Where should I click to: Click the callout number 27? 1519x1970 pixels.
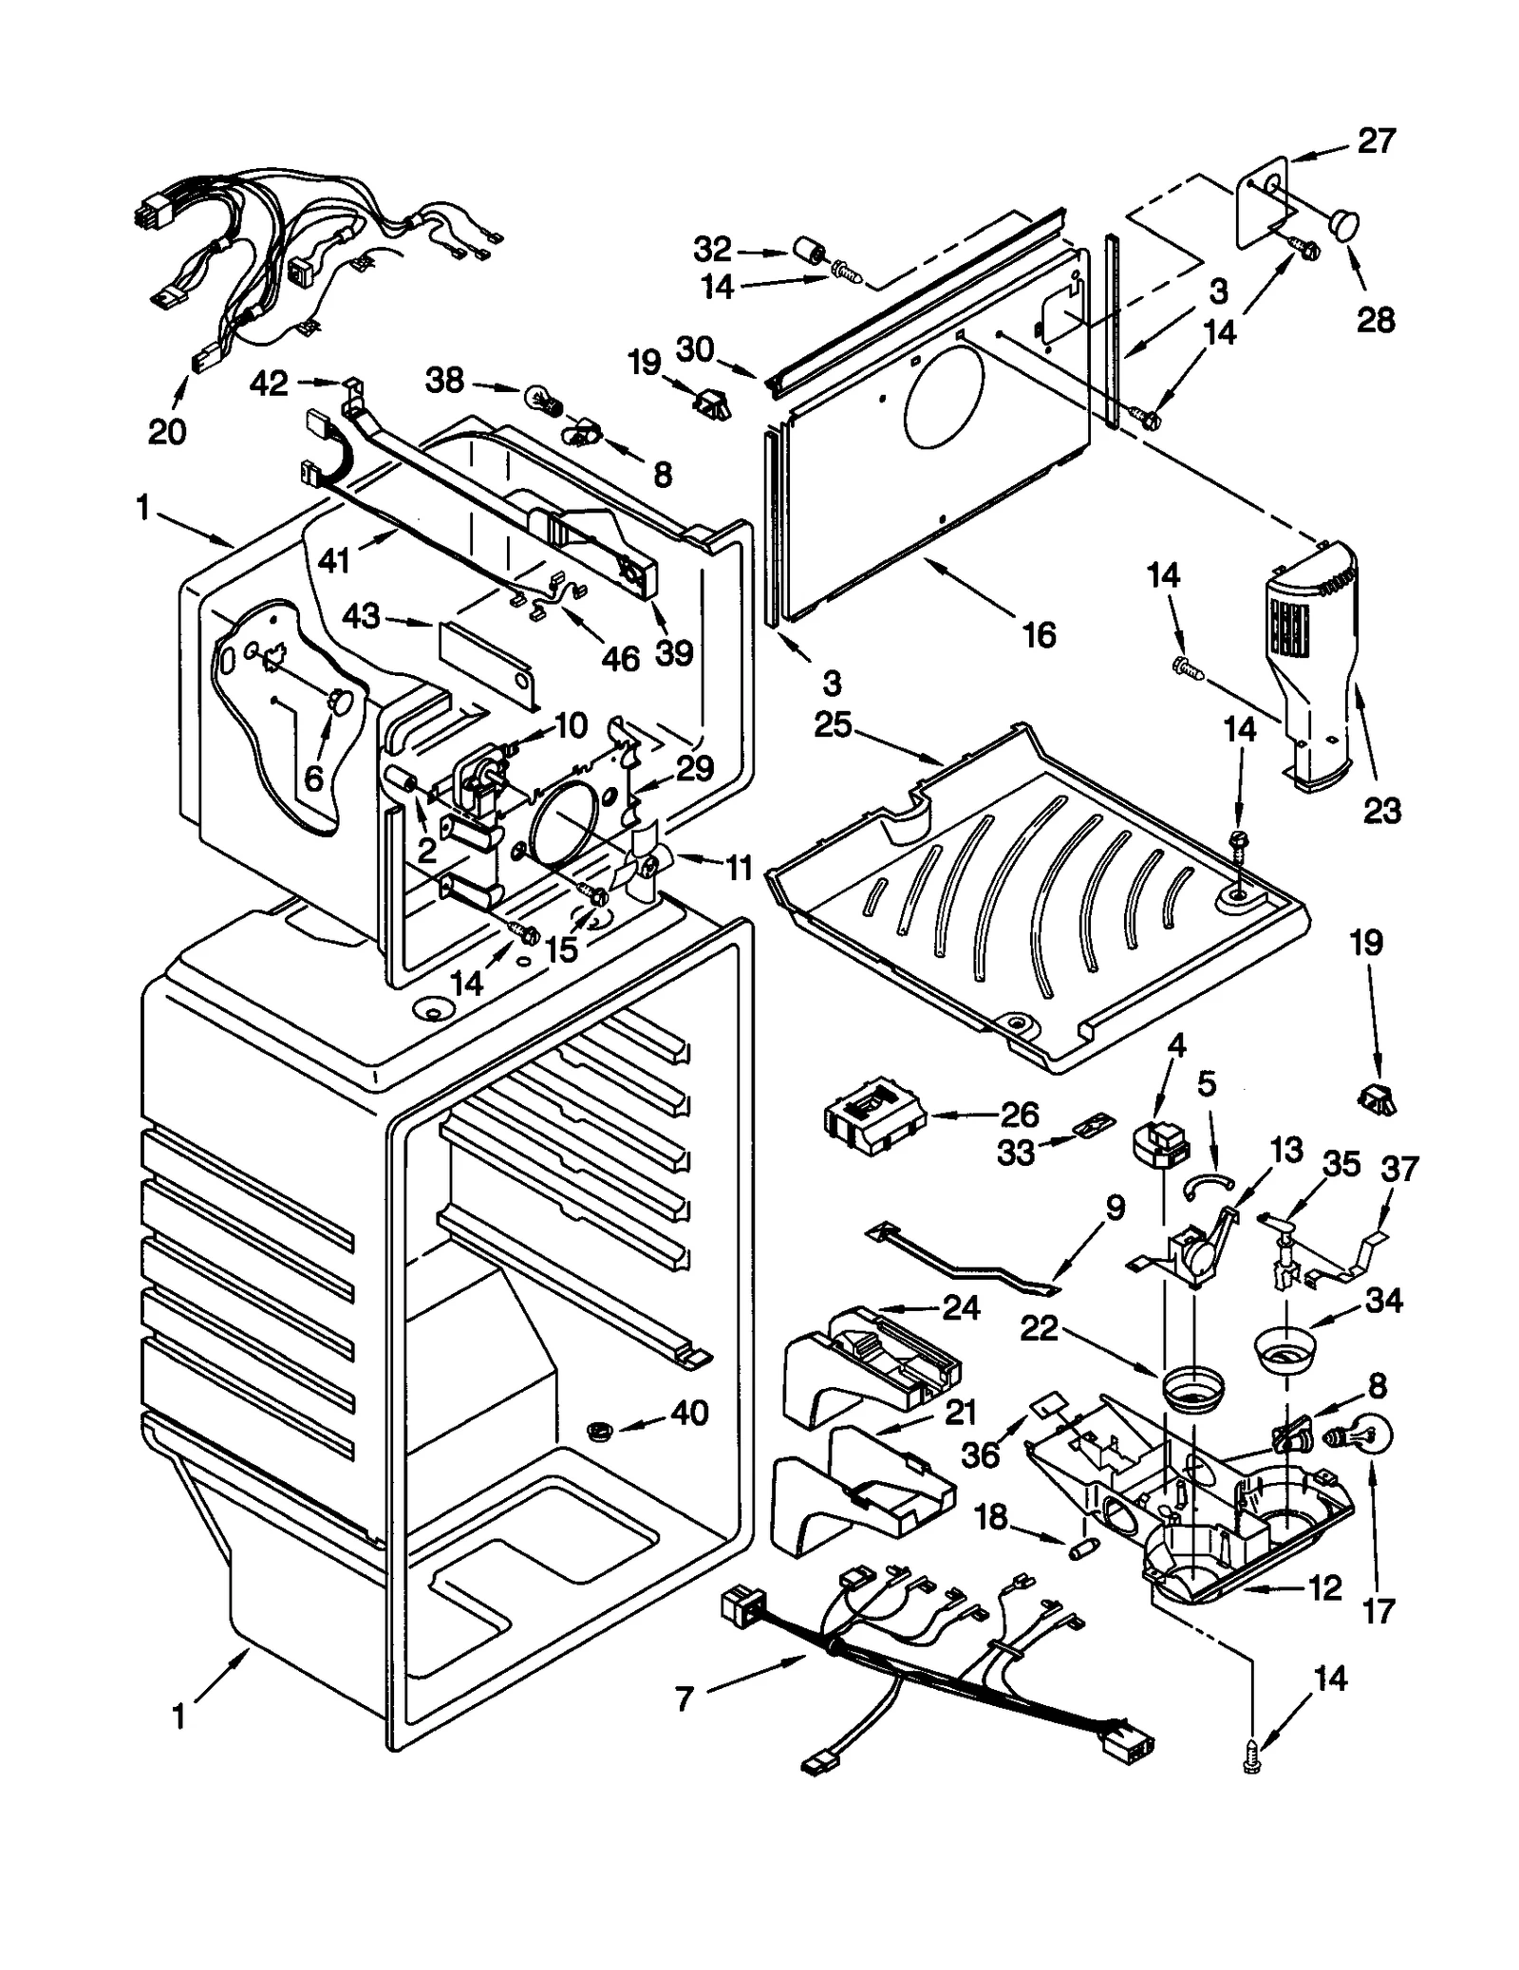pyautogui.click(x=1376, y=141)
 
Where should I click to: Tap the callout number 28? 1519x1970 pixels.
pyautogui.click(x=1376, y=320)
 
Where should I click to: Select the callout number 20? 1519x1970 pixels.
pyautogui.click(x=167, y=432)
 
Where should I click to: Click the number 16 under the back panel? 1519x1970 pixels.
pyautogui.click(x=1040, y=634)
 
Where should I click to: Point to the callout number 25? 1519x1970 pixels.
pyautogui.click(x=834, y=726)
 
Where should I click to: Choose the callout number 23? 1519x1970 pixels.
pyautogui.click(x=1381, y=810)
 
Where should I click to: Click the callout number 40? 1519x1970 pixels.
pyautogui.click(x=689, y=1413)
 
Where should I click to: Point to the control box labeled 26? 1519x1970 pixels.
pyautogui.click(x=874, y=1118)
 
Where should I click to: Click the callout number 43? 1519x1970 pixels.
pyautogui.click(x=362, y=616)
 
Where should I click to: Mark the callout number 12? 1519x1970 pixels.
pyautogui.click(x=1324, y=1586)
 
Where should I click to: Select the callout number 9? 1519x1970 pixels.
pyautogui.click(x=1115, y=1208)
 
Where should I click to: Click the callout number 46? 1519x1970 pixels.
pyautogui.click(x=621, y=658)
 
